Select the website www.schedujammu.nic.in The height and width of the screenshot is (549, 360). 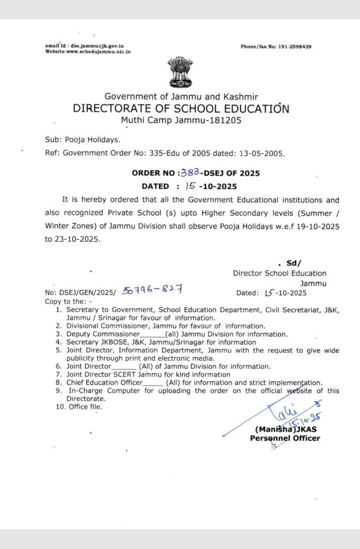(96, 51)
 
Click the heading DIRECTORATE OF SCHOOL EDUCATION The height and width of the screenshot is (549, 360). (181, 109)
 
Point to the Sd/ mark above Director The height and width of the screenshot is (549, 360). (294, 263)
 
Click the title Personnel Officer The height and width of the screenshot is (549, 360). (284, 438)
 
